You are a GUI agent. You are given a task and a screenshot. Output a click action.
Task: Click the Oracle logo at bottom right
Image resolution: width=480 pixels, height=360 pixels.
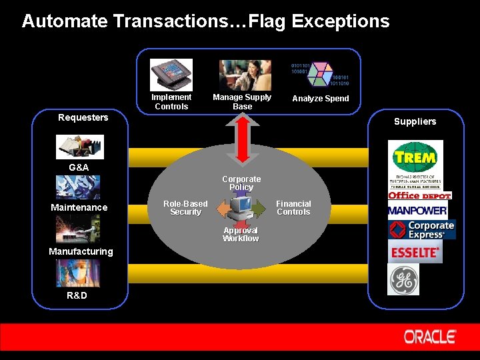[x=430, y=337]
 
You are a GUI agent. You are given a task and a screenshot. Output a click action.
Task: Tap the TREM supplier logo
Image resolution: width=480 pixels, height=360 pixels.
[x=415, y=159]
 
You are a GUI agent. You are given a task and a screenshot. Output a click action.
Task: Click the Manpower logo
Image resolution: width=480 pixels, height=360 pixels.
[x=417, y=211]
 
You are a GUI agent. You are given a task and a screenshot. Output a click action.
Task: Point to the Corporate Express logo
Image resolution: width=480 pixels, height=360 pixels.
[x=422, y=230]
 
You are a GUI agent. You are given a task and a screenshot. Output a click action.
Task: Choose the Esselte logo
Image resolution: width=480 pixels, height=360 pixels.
[x=415, y=253]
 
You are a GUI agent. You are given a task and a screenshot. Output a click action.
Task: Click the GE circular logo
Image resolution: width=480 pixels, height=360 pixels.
[x=404, y=279]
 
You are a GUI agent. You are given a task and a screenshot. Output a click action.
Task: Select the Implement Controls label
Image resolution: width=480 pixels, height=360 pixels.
[x=171, y=102]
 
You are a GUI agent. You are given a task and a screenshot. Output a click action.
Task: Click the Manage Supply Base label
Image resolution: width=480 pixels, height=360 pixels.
[x=242, y=102]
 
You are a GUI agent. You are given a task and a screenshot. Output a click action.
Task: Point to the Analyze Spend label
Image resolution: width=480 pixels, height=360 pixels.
[x=321, y=99]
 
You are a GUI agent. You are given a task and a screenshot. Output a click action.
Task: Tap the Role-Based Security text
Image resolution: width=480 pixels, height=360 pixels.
[x=185, y=208]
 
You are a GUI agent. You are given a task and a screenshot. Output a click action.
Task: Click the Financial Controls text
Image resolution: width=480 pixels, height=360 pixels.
[x=293, y=208]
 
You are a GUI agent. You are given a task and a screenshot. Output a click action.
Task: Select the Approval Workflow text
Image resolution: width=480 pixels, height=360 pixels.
[x=241, y=235]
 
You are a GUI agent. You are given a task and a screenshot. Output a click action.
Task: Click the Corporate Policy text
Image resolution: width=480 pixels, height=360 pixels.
[x=241, y=183]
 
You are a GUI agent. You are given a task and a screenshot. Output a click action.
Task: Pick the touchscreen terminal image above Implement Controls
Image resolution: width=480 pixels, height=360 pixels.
[x=171, y=75]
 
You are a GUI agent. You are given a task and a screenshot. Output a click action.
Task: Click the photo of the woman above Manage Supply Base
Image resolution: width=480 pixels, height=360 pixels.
[x=245, y=75]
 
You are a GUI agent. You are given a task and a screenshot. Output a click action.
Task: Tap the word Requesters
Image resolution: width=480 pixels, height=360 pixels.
[x=83, y=118]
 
